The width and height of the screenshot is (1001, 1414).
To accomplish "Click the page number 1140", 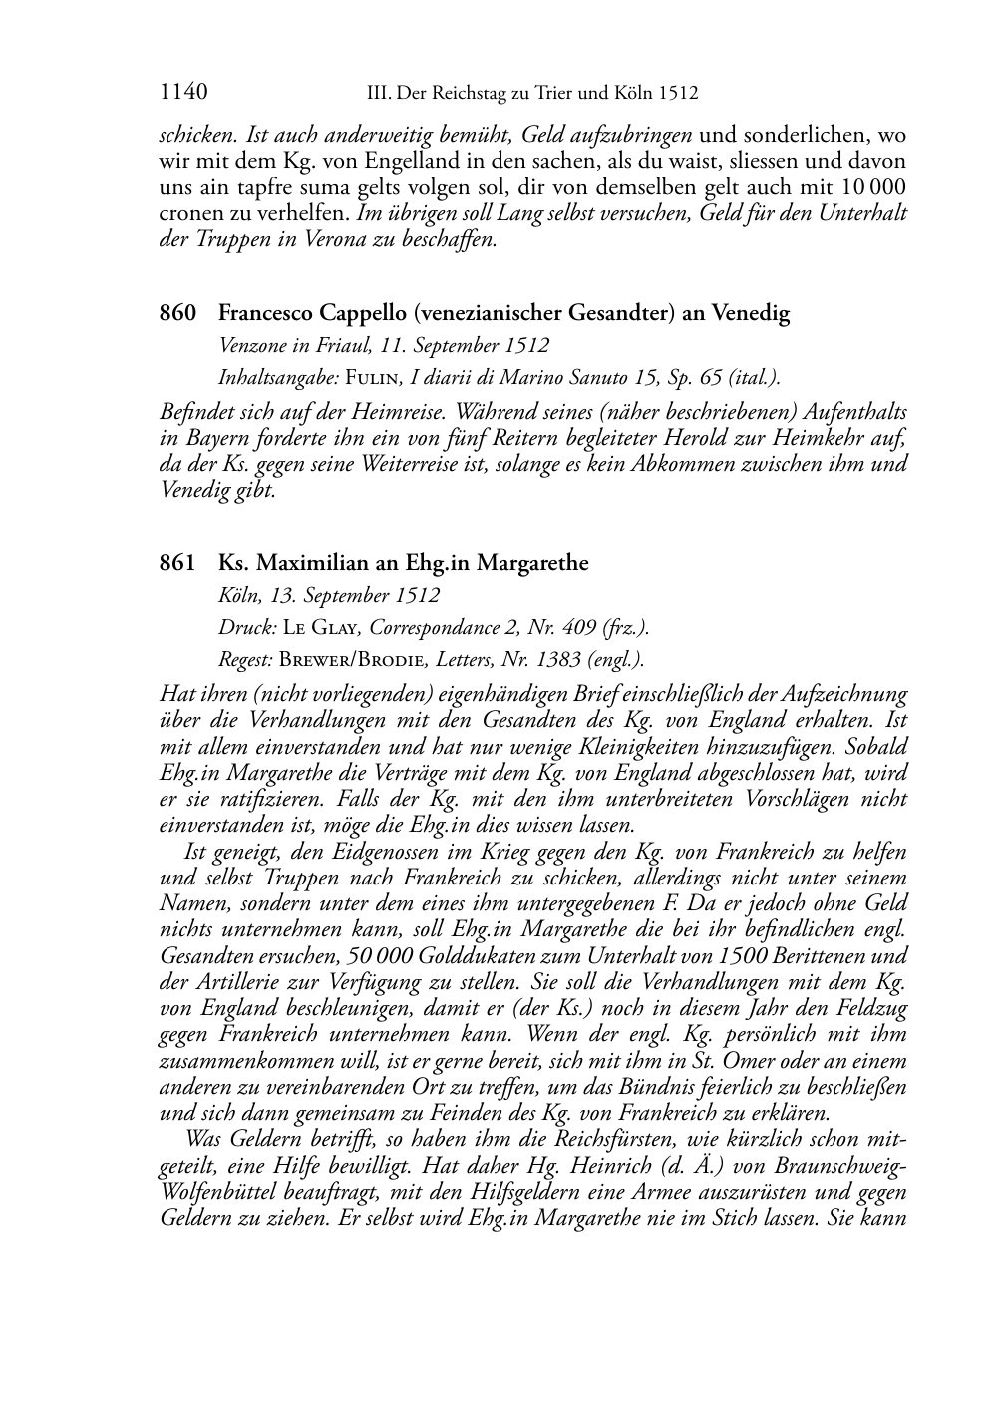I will click(183, 94).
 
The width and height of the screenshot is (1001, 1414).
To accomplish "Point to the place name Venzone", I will click(252, 346).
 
